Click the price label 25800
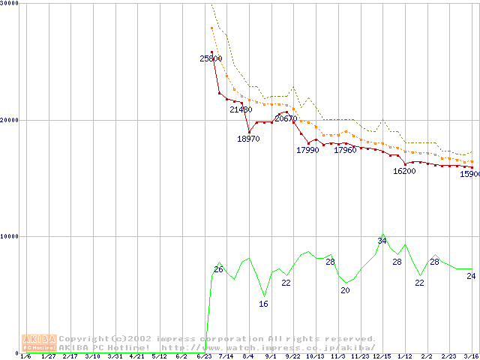pos(211,58)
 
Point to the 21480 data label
pos(241,109)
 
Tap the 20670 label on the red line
pos(286,118)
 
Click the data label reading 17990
pos(307,150)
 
